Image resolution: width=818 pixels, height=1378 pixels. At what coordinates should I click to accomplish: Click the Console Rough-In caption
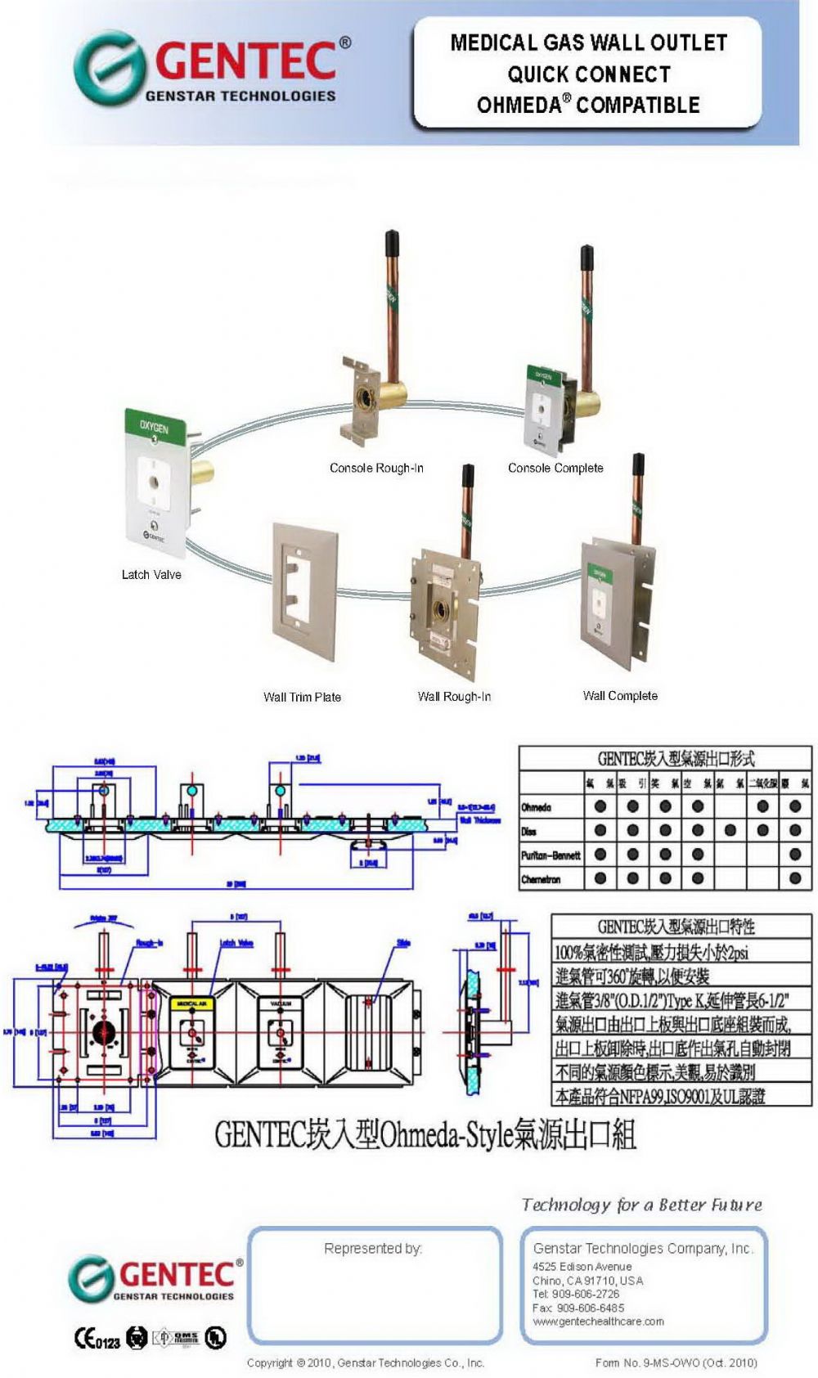(376, 468)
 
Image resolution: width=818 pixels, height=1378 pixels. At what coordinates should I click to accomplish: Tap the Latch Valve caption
(151, 574)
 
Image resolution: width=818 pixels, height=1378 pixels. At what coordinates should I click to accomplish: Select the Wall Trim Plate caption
(302, 697)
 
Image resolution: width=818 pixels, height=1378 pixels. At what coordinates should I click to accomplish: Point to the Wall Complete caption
(620, 695)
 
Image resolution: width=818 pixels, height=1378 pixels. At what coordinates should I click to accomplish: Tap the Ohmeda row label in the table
(537, 807)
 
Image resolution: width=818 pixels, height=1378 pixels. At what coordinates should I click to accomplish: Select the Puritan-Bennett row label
(551, 855)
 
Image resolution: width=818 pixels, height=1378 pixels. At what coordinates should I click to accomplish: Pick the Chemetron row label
(541, 879)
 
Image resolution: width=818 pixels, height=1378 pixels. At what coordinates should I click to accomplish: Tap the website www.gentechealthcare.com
(598, 1321)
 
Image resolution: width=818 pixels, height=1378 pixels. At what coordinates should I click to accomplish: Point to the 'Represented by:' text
(373, 1248)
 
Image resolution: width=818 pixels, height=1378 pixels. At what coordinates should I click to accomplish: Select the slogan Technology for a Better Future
(642, 1205)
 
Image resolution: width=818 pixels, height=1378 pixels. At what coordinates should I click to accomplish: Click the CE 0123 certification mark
(97, 1339)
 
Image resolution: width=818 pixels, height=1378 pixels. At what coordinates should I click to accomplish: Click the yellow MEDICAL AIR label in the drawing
(191, 1003)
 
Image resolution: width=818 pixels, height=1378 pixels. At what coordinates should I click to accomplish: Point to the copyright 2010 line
(366, 1362)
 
